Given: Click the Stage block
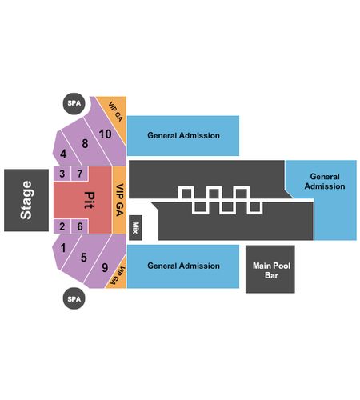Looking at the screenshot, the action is click(x=26, y=200).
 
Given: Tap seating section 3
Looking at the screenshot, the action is click(x=62, y=174).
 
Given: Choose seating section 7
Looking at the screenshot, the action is click(x=79, y=174).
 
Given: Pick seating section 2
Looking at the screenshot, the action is click(x=62, y=226).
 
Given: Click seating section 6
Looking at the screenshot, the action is click(x=79, y=226).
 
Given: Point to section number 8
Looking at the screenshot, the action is click(x=85, y=143).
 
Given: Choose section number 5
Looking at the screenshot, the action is click(x=84, y=258).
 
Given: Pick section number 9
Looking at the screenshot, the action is click(x=105, y=267).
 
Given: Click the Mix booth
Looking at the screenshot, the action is click(x=135, y=228).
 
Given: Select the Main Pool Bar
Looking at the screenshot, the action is click(x=270, y=269).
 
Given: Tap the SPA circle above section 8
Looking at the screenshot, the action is click(x=74, y=103).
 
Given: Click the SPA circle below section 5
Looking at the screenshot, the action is click(x=74, y=298).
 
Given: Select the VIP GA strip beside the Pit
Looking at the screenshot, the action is click(x=119, y=200).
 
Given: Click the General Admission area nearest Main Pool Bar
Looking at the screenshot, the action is click(x=183, y=266).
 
